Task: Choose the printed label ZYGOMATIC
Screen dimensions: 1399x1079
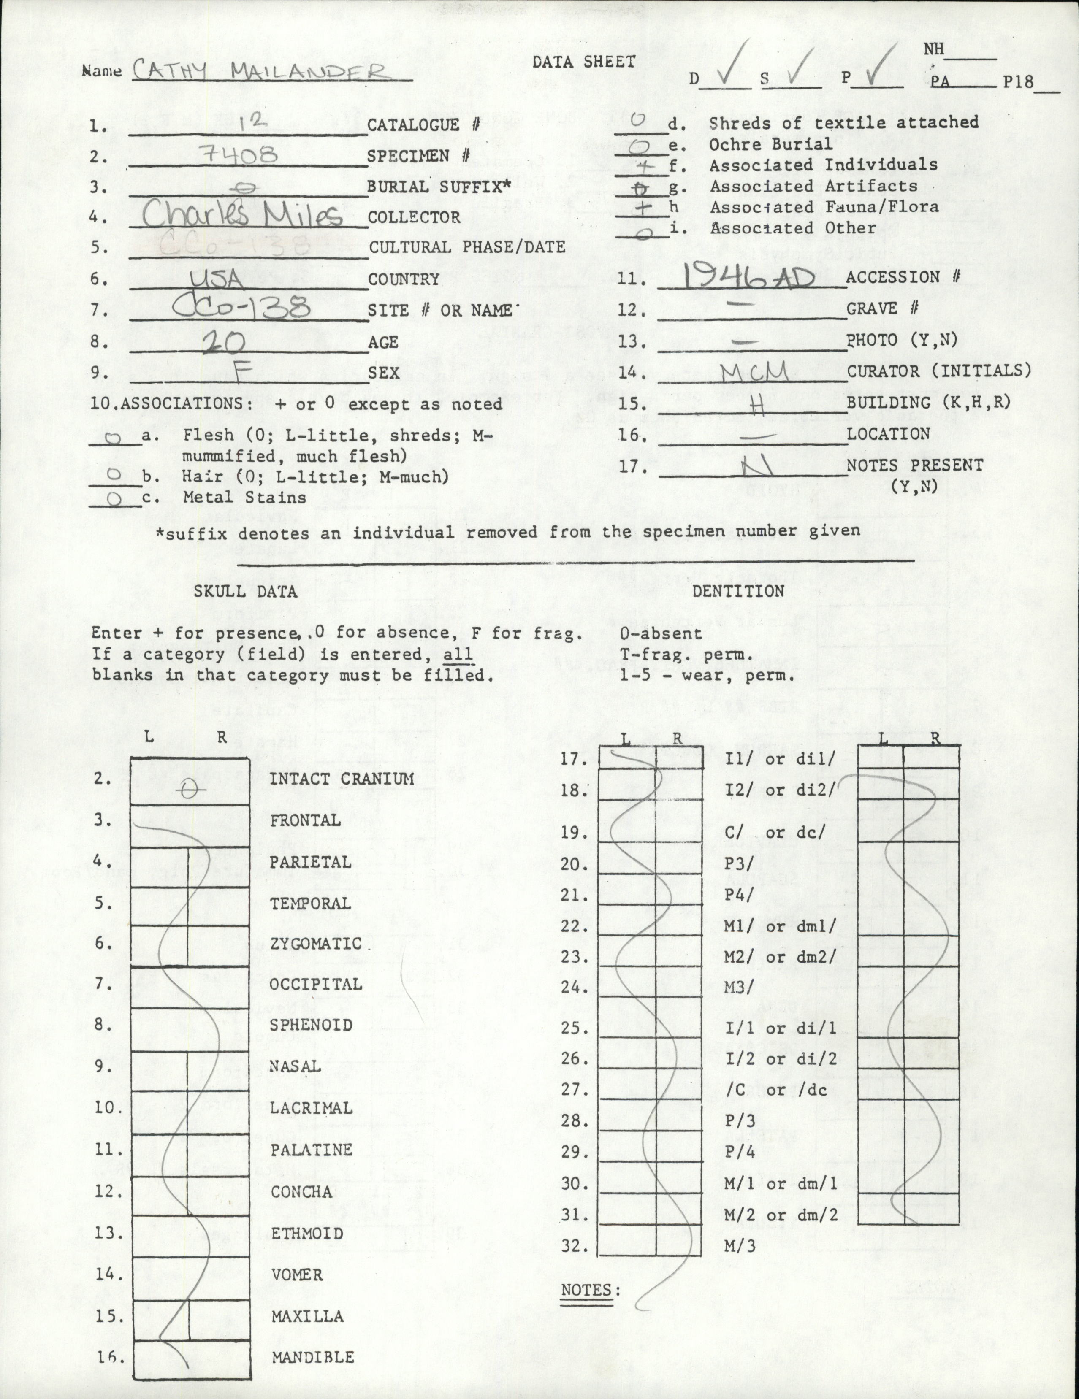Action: [x=316, y=944]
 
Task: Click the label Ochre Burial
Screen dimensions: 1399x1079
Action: [x=770, y=144]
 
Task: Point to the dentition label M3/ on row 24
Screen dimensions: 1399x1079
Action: [x=737, y=987]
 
